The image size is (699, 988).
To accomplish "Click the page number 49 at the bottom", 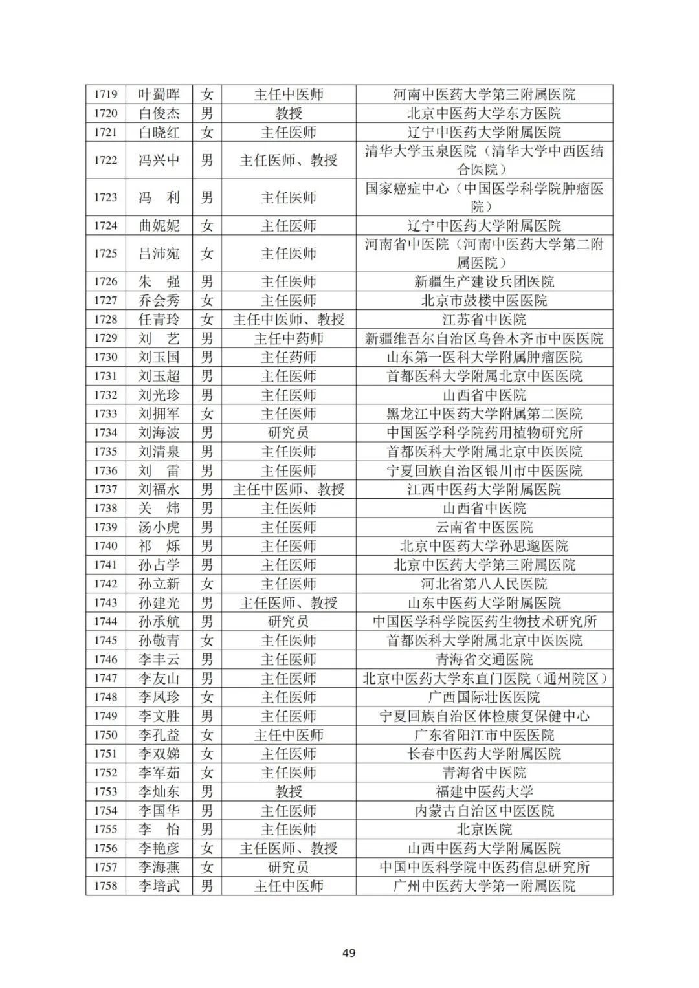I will tap(349, 952).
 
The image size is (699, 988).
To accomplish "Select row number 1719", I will tap(105, 94).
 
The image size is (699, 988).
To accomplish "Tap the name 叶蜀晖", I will tap(159, 94).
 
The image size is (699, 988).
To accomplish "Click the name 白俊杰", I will tap(159, 113).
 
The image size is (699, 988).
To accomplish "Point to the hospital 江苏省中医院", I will tap(483, 320).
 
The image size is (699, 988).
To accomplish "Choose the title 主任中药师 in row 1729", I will tap(288, 338).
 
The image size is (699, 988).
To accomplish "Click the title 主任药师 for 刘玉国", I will tap(288, 357).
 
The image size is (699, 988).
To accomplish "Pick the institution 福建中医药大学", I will tap(483, 791).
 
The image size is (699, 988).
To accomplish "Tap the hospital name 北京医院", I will tap(483, 829).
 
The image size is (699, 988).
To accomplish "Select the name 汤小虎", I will tap(159, 527).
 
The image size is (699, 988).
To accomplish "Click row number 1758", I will tap(105, 886).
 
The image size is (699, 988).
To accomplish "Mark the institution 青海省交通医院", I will tap(483, 659).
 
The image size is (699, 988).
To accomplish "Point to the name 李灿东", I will tap(159, 791).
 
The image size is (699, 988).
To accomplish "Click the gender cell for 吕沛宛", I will tap(206, 254).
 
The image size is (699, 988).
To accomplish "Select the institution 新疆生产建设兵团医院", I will tap(483, 281).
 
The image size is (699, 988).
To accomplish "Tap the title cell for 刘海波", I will tap(288, 433).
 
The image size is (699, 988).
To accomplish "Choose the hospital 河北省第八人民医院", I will tap(483, 584).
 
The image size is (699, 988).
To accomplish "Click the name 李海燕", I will tap(159, 867).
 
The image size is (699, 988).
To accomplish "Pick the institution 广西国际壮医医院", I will tap(483, 697).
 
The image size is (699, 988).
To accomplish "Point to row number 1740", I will tap(105, 546).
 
